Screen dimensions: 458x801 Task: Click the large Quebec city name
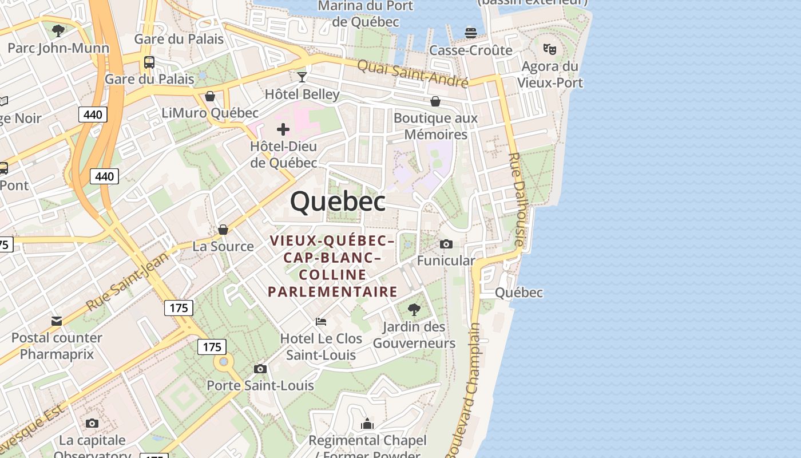click(x=338, y=202)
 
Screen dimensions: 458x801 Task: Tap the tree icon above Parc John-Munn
click(x=58, y=30)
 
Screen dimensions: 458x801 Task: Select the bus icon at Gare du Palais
click(x=149, y=62)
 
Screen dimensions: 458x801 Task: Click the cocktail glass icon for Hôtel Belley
click(x=302, y=77)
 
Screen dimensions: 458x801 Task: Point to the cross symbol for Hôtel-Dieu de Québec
click(x=283, y=129)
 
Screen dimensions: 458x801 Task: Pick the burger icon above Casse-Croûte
click(x=471, y=33)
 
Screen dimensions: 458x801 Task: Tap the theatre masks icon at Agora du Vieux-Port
click(x=550, y=49)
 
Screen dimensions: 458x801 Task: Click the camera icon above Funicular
click(x=446, y=244)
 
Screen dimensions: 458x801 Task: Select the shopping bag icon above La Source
click(x=223, y=230)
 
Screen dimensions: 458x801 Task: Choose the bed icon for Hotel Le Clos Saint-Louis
click(x=321, y=322)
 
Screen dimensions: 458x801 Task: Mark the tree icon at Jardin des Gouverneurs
click(x=414, y=310)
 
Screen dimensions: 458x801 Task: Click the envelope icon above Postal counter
click(x=57, y=321)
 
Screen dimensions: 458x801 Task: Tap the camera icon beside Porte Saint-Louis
click(x=260, y=369)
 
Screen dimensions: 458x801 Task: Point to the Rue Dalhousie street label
click(x=516, y=199)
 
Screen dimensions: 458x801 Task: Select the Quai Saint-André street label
click(x=413, y=73)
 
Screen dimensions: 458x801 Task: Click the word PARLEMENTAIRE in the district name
click(x=332, y=292)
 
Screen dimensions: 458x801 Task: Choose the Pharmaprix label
click(x=57, y=354)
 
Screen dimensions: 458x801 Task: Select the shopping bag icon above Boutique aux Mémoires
click(x=435, y=102)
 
